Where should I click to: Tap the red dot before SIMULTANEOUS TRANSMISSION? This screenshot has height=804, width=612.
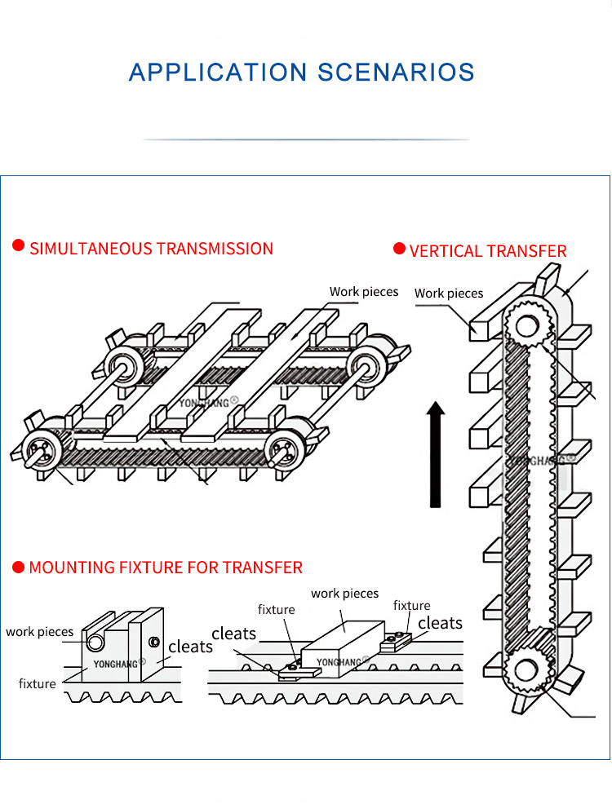18,247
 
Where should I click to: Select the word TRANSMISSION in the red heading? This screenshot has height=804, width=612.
215,249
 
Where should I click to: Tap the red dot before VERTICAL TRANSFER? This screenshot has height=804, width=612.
399,249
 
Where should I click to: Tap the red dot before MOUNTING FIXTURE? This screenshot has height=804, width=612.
18,566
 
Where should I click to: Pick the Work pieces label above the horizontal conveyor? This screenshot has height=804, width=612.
364,292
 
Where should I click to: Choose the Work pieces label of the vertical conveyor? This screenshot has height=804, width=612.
449,294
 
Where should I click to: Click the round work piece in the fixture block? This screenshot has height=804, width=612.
96,643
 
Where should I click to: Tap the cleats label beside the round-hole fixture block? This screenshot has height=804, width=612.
190,647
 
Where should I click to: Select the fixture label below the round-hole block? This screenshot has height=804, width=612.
38,683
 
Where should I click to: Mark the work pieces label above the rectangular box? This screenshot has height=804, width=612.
345,594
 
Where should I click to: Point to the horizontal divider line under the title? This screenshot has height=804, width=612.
306,139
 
